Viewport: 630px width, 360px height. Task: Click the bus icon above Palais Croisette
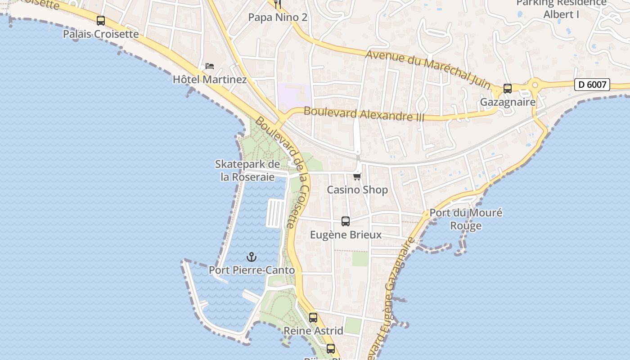(x=101, y=21)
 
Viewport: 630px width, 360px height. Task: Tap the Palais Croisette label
(x=101, y=34)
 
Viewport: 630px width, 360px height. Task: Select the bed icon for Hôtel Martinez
(x=210, y=66)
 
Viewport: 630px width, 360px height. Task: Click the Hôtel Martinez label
(x=210, y=80)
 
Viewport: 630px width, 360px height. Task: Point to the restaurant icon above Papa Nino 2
(x=278, y=4)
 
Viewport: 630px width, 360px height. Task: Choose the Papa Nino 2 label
(x=278, y=18)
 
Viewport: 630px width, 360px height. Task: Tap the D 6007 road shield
(x=592, y=84)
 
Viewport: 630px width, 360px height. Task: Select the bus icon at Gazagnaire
(x=508, y=89)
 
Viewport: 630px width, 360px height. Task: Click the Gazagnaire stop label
(x=508, y=102)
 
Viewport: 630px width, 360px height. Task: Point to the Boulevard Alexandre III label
(x=364, y=114)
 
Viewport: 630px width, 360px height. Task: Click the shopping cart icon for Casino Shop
(x=357, y=176)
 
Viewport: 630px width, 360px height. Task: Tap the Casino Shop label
(x=357, y=190)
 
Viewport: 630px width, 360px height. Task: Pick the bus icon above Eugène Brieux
(x=346, y=221)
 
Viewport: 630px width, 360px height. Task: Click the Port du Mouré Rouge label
(x=466, y=219)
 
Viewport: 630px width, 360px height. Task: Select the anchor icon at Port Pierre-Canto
(x=252, y=257)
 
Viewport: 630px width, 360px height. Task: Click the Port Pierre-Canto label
(x=252, y=270)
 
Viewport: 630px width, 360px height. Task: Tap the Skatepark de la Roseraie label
(x=247, y=171)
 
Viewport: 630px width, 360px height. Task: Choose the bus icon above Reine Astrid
(x=313, y=318)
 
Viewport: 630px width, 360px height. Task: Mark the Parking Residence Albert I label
(x=561, y=9)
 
